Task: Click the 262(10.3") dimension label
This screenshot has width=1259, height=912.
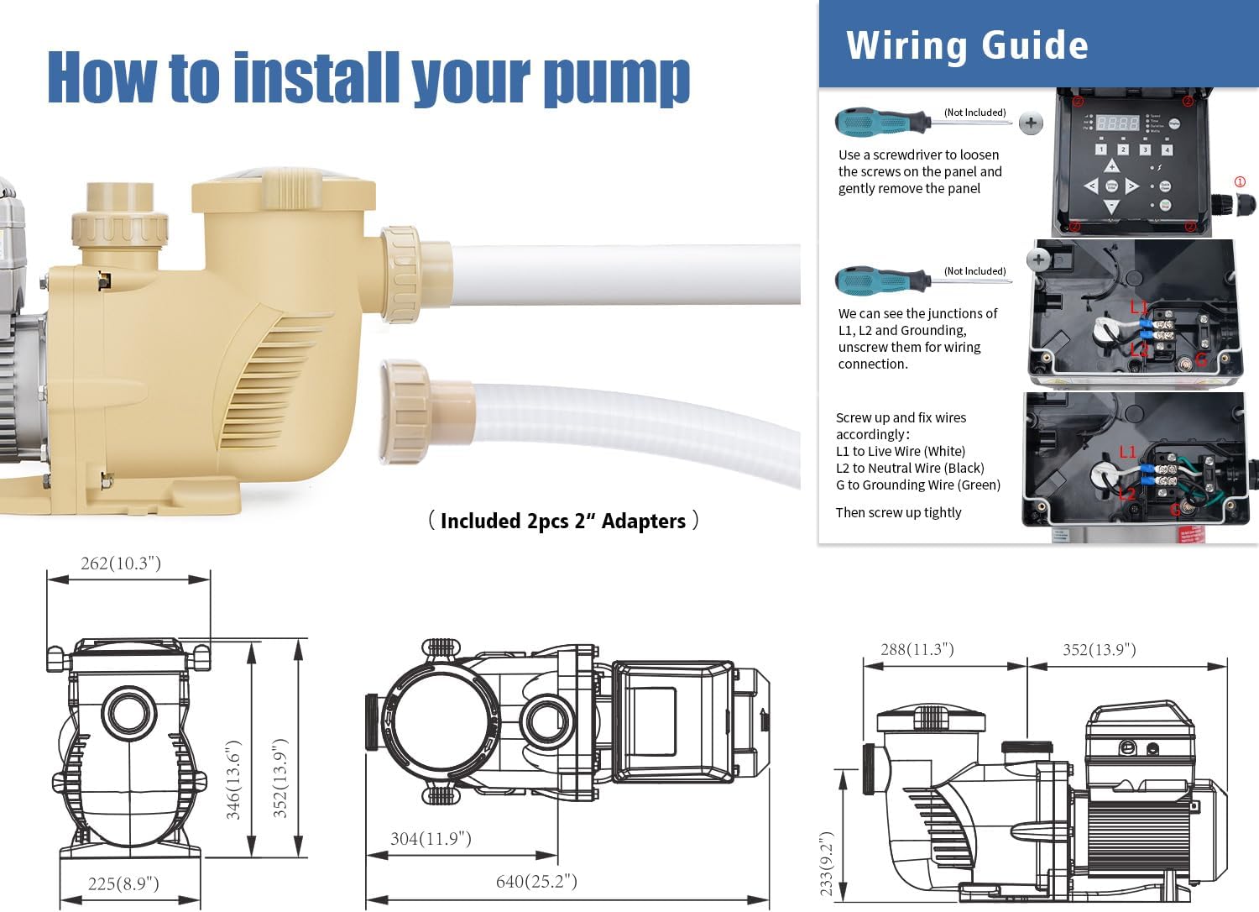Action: pyautogui.click(x=120, y=563)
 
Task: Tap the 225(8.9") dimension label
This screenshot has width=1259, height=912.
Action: pyautogui.click(x=123, y=883)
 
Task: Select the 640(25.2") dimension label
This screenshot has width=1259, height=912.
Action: pyautogui.click(x=536, y=881)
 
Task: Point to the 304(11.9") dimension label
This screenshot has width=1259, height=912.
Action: pyautogui.click(x=431, y=839)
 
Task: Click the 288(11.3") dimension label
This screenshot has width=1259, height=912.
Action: pyautogui.click(x=917, y=649)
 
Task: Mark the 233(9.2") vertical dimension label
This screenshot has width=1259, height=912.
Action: pyautogui.click(x=826, y=862)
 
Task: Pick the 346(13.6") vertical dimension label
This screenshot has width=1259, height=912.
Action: pyautogui.click(x=233, y=779)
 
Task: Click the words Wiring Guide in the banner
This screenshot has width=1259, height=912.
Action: pyautogui.click(x=967, y=45)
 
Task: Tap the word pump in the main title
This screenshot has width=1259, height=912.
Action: pyautogui.click(x=617, y=80)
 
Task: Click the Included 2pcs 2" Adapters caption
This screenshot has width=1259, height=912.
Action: pyautogui.click(x=563, y=521)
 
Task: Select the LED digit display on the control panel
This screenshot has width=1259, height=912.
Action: pyautogui.click(x=1117, y=123)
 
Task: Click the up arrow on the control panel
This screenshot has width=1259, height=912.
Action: pyautogui.click(x=1112, y=166)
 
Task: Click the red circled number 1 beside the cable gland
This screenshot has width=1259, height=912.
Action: pyautogui.click(x=1240, y=181)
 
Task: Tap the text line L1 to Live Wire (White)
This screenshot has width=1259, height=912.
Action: pyautogui.click(x=901, y=452)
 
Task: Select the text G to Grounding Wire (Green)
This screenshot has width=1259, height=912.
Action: pyautogui.click(x=918, y=485)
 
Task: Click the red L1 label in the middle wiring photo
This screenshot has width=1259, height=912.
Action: pyautogui.click(x=1138, y=307)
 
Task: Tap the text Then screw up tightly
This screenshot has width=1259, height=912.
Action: pyautogui.click(x=898, y=513)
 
